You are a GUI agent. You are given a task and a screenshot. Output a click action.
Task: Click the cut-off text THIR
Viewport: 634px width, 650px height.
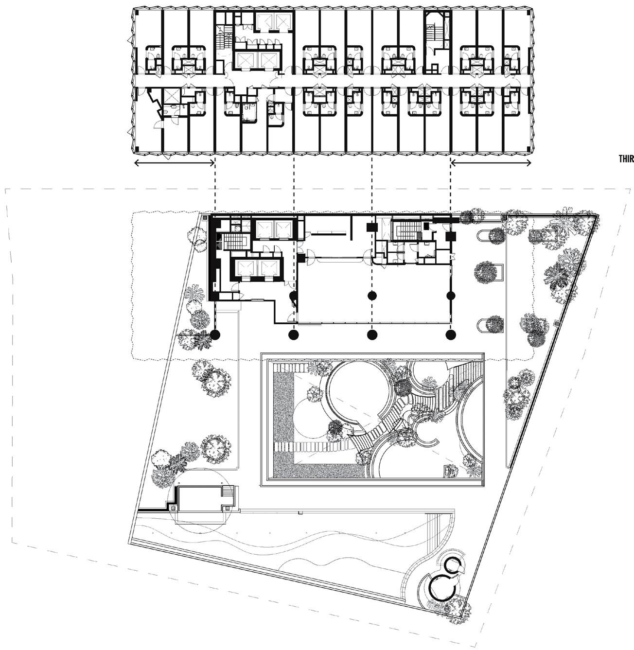[x=626, y=159]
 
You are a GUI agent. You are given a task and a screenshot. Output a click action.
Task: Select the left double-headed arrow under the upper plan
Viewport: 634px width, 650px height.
[x=174, y=163]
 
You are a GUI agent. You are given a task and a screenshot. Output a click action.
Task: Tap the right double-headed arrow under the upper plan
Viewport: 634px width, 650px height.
[x=491, y=163]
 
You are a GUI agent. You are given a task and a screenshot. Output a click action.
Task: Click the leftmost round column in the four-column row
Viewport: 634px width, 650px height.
[x=215, y=334]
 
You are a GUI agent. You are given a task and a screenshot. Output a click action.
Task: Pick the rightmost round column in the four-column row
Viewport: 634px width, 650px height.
[x=451, y=334]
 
